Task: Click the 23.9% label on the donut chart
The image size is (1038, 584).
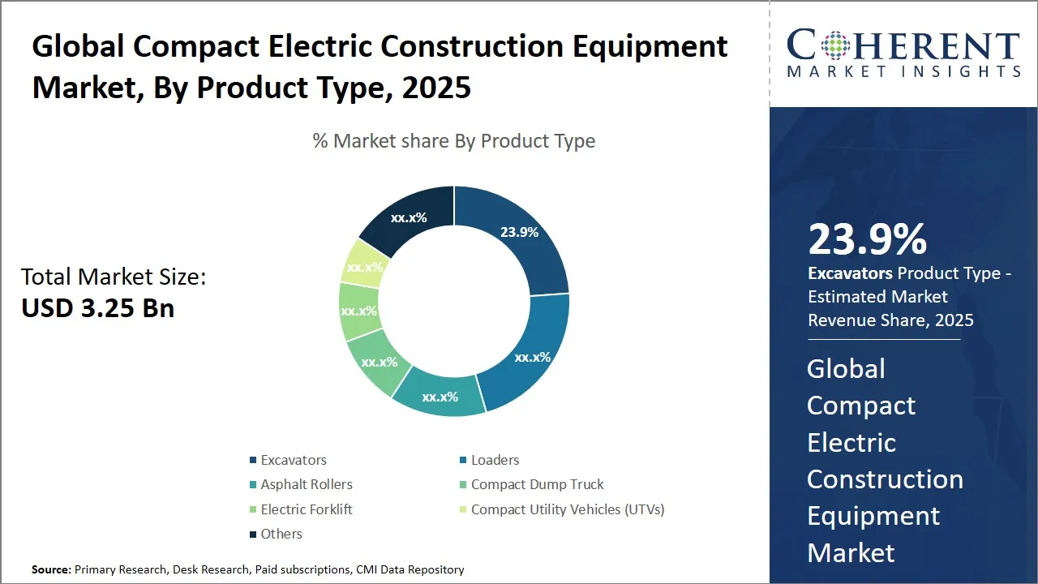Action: pos(519,232)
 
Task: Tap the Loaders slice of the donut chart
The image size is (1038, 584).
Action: pos(531,356)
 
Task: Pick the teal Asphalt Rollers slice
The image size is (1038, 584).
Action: pos(440,396)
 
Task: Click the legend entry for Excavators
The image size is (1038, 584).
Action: pos(293,460)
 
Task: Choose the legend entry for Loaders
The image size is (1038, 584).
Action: pos(495,460)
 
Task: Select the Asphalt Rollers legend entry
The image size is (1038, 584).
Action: pos(306,484)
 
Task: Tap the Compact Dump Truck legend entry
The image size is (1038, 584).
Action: pos(537,484)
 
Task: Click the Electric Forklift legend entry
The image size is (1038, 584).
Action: pos(306,509)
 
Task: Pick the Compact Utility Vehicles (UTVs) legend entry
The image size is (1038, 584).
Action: pos(567,509)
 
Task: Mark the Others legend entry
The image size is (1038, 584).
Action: pos(281,534)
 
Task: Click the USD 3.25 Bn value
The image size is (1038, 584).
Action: pos(97,308)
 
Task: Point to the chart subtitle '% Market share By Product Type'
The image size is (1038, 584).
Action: pos(454,141)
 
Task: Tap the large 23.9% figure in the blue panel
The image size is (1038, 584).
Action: pos(867,239)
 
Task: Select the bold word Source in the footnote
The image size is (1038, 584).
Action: pos(50,569)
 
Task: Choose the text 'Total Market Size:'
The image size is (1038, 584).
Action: pos(114,277)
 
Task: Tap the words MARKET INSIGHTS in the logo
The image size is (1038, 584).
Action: pos(903,72)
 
